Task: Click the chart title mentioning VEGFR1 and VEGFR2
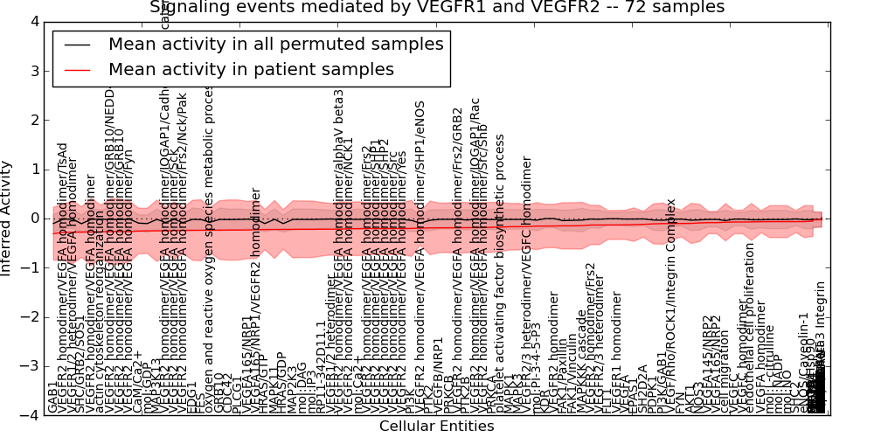click(437, 7)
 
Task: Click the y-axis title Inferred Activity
click(7, 218)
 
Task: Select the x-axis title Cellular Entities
click(436, 427)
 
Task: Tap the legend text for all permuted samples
click(275, 44)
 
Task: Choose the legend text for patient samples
click(251, 69)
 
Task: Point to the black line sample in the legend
click(76, 45)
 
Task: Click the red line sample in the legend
click(76, 70)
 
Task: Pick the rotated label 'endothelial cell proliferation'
click(749, 328)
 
